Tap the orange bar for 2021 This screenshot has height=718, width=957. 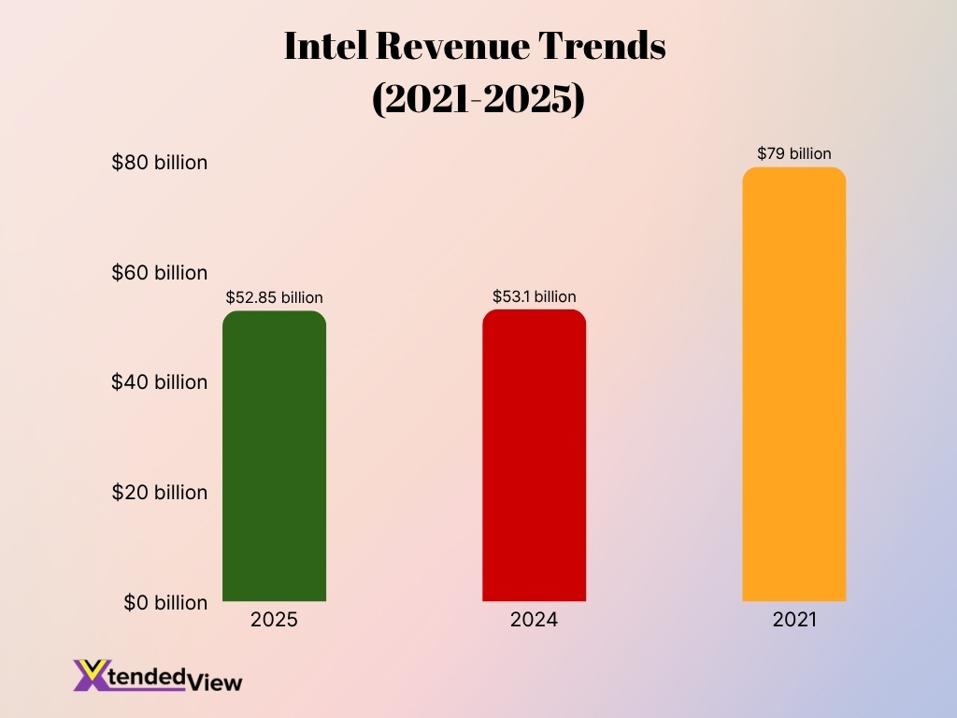coord(793,384)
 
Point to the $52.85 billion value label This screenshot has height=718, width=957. coord(274,298)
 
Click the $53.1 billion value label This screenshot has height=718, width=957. coord(534,296)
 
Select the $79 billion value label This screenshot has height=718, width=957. coord(793,153)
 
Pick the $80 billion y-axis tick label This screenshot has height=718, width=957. coord(159,163)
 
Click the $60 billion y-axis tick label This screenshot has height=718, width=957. coord(159,273)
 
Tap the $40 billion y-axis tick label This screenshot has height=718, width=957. coord(159,382)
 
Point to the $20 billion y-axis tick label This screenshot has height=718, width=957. coord(159,493)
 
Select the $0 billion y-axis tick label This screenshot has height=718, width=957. coord(164,603)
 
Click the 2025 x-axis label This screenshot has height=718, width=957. coord(274,620)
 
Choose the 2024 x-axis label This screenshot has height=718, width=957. coord(534,620)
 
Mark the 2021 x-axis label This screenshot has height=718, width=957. coord(794,620)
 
